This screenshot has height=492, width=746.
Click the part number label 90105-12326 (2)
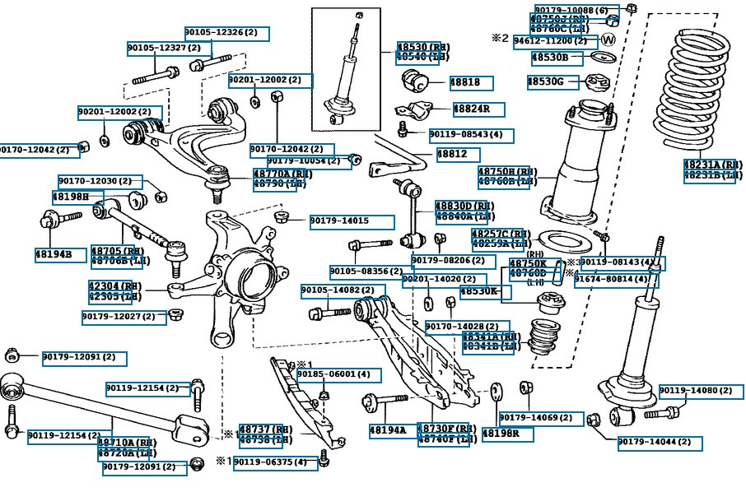coord(226,33)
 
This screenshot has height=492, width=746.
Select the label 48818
coord(470,83)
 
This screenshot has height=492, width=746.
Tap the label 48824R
coord(478,109)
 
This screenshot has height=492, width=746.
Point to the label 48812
coord(458,154)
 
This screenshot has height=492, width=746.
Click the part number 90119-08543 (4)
coord(470,134)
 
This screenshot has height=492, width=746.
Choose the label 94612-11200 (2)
coord(555,41)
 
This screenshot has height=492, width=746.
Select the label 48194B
coord(59,255)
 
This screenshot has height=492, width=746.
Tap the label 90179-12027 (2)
coord(124,317)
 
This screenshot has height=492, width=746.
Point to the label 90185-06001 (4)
coord(338,374)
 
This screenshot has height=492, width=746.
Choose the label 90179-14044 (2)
coord(660,443)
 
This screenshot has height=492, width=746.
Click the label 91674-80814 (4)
coord(617,280)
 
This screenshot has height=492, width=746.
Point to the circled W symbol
coord(609,39)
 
